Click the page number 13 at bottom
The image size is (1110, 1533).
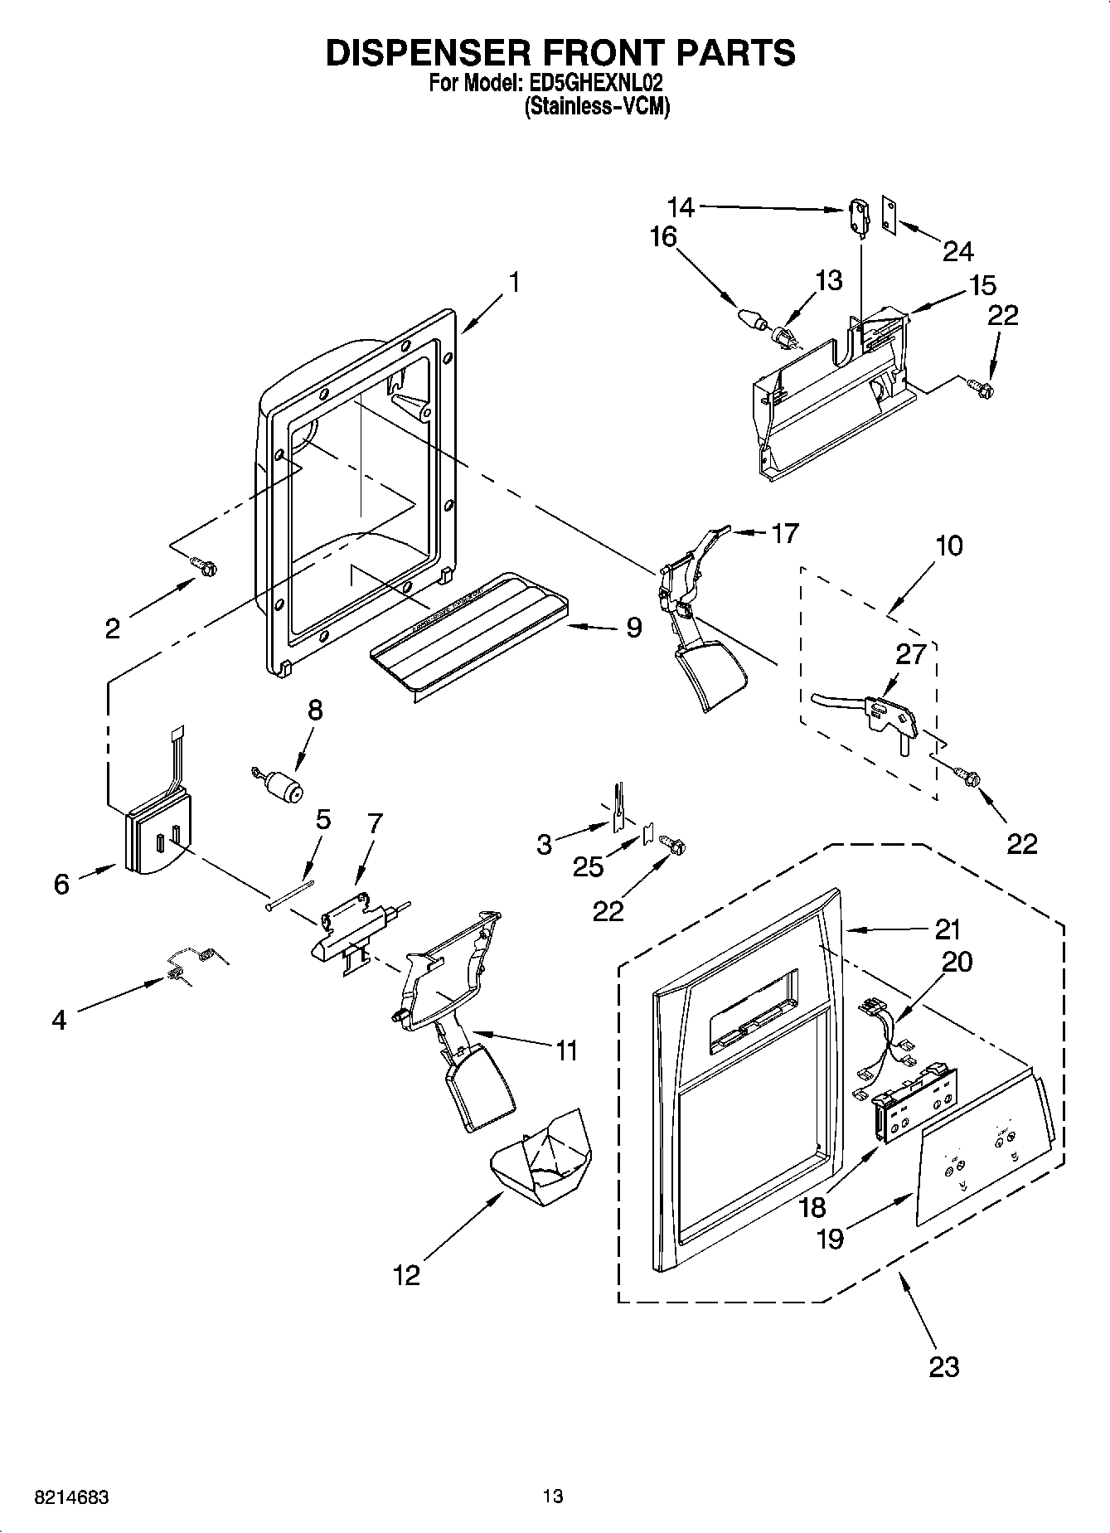553,1496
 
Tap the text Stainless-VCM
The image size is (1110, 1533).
597,107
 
